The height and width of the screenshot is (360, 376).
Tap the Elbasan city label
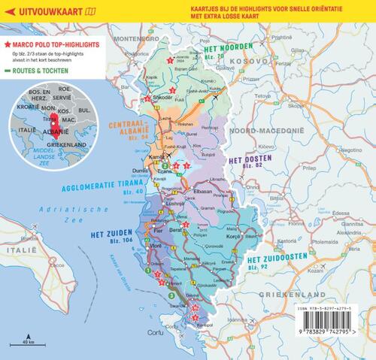204,192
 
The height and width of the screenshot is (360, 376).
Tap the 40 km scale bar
29,341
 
